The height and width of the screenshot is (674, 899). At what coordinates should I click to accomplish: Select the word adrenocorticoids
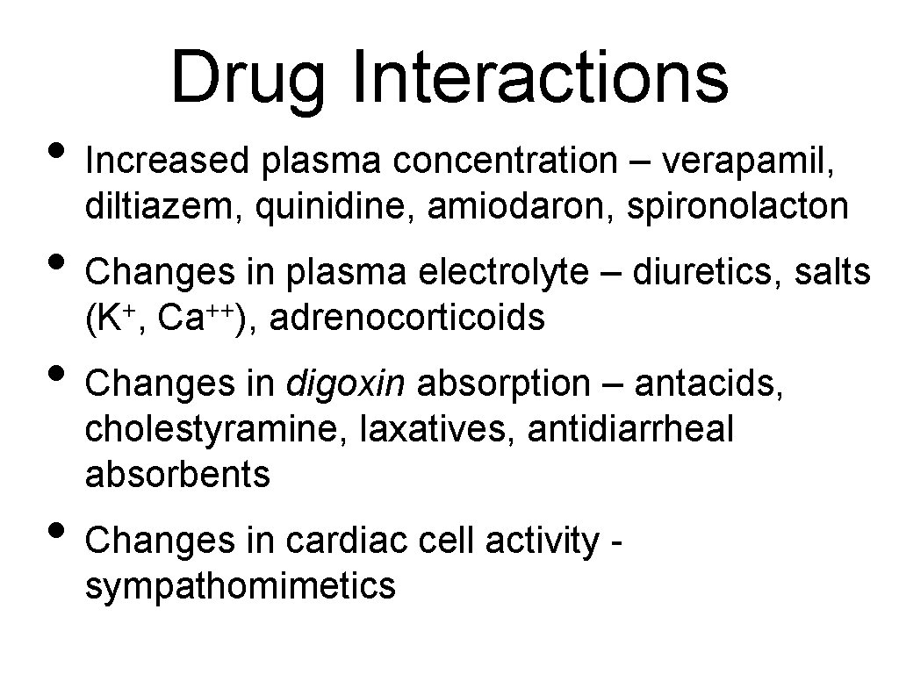407,319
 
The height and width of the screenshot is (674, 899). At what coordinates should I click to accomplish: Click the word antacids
707,384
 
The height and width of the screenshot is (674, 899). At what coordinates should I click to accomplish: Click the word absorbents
178,475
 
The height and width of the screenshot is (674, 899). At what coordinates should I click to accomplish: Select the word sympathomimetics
241,585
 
